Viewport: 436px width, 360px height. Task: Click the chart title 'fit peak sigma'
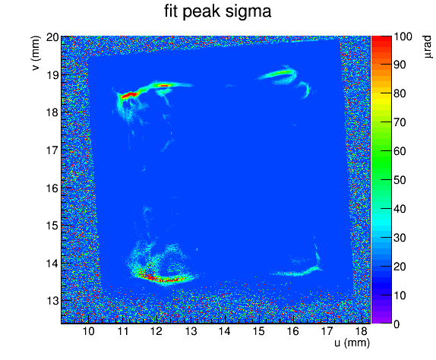pyautogui.click(x=218, y=12)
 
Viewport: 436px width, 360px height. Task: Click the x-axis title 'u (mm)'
pyautogui.click(x=352, y=343)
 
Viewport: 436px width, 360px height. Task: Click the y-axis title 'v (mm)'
pyautogui.click(x=36, y=53)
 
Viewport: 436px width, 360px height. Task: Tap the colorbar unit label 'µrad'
pyautogui.click(x=428, y=47)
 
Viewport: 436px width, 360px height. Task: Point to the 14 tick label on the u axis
pyautogui.click(x=224, y=331)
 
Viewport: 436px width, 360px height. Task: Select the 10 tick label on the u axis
pyautogui.click(x=88, y=331)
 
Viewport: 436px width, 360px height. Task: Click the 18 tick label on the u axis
pyautogui.click(x=361, y=331)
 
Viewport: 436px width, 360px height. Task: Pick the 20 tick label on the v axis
pyautogui.click(x=52, y=37)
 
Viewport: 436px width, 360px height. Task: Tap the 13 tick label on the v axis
pyautogui.click(x=52, y=301)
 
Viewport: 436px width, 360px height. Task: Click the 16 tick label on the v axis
pyautogui.click(x=52, y=188)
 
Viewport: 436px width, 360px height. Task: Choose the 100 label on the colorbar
pyautogui.click(x=403, y=36)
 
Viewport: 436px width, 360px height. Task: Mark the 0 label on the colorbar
pyautogui.click(x=397, y=324)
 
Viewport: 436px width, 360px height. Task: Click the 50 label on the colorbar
pyautogui.click(x=400, y=180)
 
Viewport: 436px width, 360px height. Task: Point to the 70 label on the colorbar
pyautogui.click(x=400, y=122)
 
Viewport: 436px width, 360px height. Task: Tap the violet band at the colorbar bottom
pyautogui.click(x=381, y=321)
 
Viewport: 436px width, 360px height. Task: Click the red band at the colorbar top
pyautogui.click(x=381, y=39)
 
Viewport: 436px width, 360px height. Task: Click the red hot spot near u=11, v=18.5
pyautogui.click(x=129, y=95)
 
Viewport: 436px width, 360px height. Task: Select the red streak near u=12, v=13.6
pyautogui.click(x=156, y=278)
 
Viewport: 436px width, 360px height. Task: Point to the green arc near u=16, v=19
pyautogui.click(x=276, y=74)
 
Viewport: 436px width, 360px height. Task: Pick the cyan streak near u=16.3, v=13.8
pyautogui.click(x=298, y=272)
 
